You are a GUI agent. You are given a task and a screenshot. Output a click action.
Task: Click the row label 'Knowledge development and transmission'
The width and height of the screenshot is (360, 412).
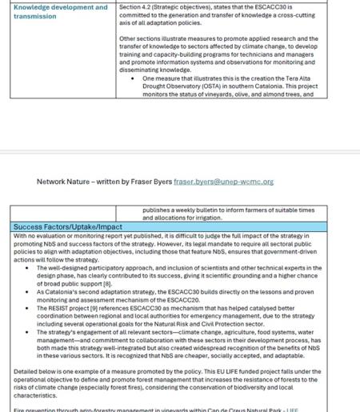60,11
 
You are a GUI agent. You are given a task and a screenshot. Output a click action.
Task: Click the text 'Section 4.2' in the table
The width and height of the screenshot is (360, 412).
136,7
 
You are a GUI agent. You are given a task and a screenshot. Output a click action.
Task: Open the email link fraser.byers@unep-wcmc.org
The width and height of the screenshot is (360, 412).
223,182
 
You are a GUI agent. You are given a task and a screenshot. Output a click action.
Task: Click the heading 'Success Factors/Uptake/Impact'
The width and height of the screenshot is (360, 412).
68,227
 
